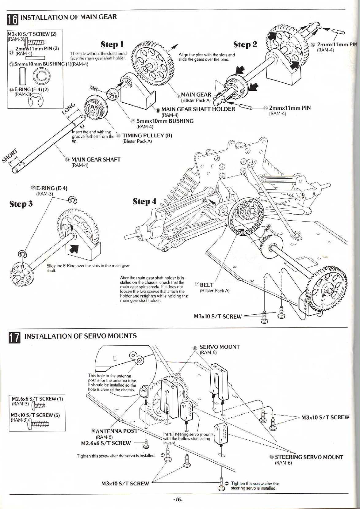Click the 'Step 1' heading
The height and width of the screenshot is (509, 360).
[x=112, y=45]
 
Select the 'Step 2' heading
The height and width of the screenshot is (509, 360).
[x=245, y=45]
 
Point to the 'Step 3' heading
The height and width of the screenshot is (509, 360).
[x=21, y=204]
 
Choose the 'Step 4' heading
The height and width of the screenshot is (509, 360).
[x=144, y=201]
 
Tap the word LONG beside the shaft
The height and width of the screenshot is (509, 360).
[x=69, y=108]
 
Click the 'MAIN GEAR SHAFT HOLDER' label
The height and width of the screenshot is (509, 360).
[x=198, y=109]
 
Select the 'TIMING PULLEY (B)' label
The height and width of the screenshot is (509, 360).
[x=147, y=135]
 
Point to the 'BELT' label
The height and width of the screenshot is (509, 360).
[x=207, y=285]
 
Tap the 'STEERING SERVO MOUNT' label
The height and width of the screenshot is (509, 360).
[x=309, y=457]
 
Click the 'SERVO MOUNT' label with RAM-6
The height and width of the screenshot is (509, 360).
[x=220, y=347]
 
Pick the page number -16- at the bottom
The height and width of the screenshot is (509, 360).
[x=178, y=500]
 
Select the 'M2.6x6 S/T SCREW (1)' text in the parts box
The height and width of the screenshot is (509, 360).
[x=37, y=399]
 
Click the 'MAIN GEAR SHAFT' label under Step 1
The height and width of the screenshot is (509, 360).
[x=96, y=160]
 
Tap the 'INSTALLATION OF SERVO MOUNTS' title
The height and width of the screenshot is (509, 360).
[x=80, y=336]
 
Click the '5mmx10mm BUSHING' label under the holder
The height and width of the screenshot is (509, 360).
[x=165, y=121]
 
